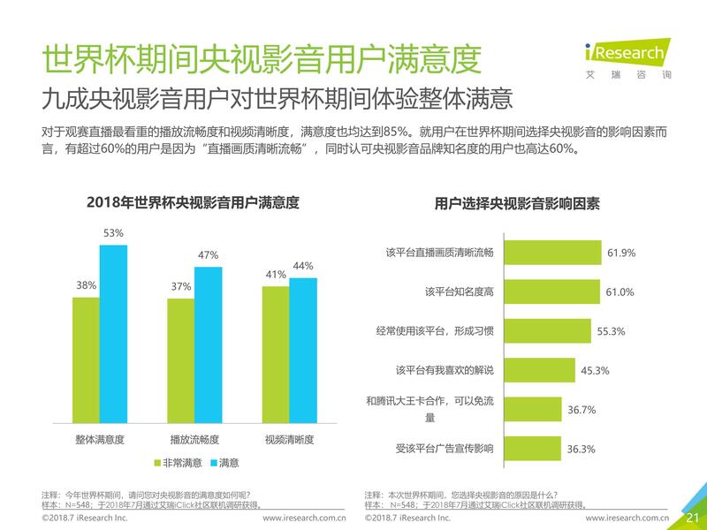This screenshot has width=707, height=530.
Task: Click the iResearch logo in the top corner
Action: coord(623,57)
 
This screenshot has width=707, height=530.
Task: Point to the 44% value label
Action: coord(303,266)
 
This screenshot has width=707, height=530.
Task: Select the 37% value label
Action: coord(181,286)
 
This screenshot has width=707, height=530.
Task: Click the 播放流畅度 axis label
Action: coord(194,439)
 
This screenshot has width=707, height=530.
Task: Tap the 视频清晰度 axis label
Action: coord(289,439)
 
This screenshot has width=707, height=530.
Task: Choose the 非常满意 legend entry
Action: coord(178,462)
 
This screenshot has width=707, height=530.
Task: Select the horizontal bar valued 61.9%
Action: coord(552,253)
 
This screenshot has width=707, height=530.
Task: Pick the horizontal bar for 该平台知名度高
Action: coord(551,291)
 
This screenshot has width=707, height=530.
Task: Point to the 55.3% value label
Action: coord(612,331)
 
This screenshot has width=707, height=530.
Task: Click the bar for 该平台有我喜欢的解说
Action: coord(540,370)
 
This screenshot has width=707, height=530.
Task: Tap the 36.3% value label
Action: coord(581,449)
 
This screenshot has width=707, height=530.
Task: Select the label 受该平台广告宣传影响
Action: coord(445,449)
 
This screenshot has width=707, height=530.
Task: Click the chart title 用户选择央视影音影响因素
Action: coord(517,203)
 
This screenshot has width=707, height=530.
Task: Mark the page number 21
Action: coord(691,517)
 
